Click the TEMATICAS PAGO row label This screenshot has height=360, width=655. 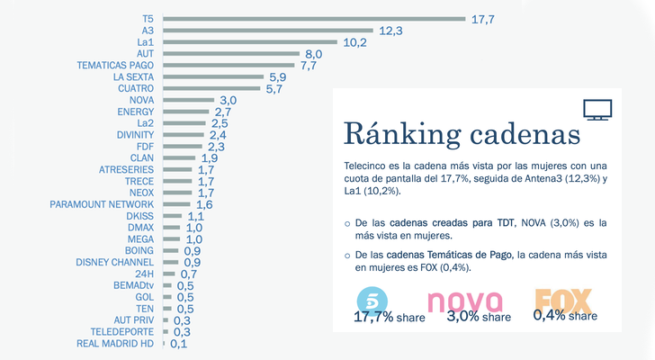[x=115, y=65]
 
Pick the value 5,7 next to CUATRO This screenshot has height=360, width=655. [x=275, y=88]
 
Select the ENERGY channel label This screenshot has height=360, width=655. [x=136, y=112]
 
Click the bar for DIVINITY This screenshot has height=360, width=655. [x=188, y=135]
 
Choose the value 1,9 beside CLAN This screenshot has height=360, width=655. [x=210, y=157]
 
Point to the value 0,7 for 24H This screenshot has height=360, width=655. [x=189, y=274]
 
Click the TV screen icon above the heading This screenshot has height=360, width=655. [x=597, y=110]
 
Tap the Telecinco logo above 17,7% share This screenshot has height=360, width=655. [x=372, y=298]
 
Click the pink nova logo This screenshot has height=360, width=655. [x=462, y=300]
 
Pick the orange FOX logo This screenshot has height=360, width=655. [x=563, y=299]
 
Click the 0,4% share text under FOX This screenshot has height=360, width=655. [x=565, y=315]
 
